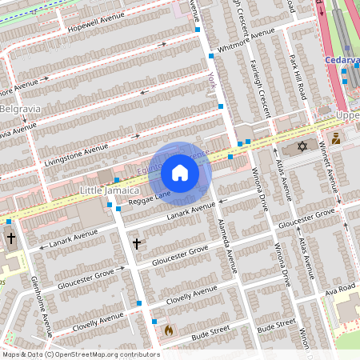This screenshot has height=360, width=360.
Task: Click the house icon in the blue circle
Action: point(180,173)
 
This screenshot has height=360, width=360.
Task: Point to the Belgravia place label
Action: point(19,108)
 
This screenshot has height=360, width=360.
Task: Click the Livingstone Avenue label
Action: point(77,149)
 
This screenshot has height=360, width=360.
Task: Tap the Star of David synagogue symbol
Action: point(302,146)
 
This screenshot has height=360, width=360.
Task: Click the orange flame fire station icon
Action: point(168,329)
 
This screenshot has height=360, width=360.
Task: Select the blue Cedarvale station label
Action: point(342,59)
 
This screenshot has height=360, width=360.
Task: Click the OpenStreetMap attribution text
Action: point(80,354)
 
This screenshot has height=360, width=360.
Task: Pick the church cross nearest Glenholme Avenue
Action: point(10,238)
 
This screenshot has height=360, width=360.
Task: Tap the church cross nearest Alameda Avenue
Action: point(136,242)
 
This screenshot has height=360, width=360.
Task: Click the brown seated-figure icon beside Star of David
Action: point(336,138)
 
